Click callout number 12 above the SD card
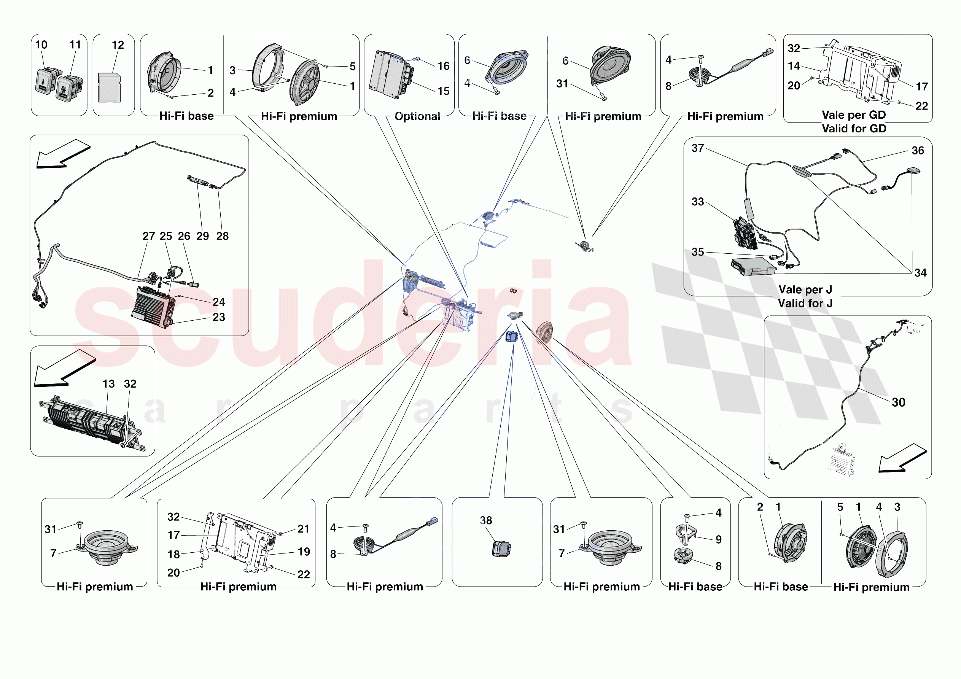coord(118,45)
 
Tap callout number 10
coord(41,45)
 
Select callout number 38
coord(485,520)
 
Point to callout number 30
coord(898,402)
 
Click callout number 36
coord(918,151)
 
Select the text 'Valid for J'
coord(805,303)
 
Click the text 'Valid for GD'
coord(854,129)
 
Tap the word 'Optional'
coord(417,116)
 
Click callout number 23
coord(218,317)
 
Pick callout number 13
coord(108,384)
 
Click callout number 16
coord(443,66)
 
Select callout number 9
coord(718,540)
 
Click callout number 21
coord(304,529)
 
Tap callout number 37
coord(697,148)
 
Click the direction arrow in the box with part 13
coord(63,368)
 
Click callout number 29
coord(202,236)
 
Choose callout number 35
coord(697,252)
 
